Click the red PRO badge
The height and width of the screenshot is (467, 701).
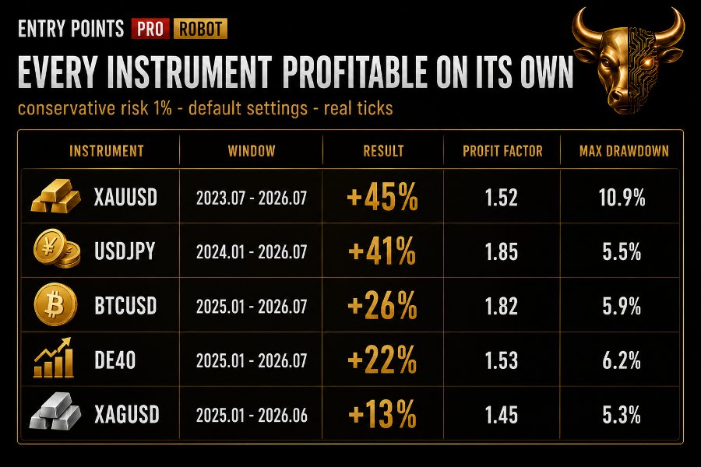click(150, 29)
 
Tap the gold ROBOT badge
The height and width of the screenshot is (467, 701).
click(200, 29)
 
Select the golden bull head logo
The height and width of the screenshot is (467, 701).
click(628, 61)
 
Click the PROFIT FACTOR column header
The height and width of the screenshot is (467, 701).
click(502, 151)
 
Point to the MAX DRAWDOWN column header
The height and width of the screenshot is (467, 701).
click(624, 151)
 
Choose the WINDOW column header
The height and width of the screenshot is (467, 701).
click(252, 151)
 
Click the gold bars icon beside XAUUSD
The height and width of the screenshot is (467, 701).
click(55, 197)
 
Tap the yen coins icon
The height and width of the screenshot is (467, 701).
click(57, 248)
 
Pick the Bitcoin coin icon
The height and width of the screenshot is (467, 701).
click(55, 304)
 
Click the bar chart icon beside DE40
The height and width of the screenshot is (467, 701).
click(54, 358)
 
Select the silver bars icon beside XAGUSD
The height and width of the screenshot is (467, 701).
click(55, 412)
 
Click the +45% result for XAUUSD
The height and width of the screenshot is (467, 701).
click(382, 197)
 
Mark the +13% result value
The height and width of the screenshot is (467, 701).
click(382, 414)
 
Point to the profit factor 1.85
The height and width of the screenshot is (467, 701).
click(502, 251)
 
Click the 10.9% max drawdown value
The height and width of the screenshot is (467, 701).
click(622, 198)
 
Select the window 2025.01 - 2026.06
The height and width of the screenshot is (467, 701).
click(252, 416)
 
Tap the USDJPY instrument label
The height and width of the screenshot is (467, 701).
click(125, 251)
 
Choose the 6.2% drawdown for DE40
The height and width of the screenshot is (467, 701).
click(622, 360)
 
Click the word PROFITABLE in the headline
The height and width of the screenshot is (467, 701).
click(355, 72)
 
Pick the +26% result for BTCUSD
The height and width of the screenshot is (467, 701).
click(382, 306)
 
